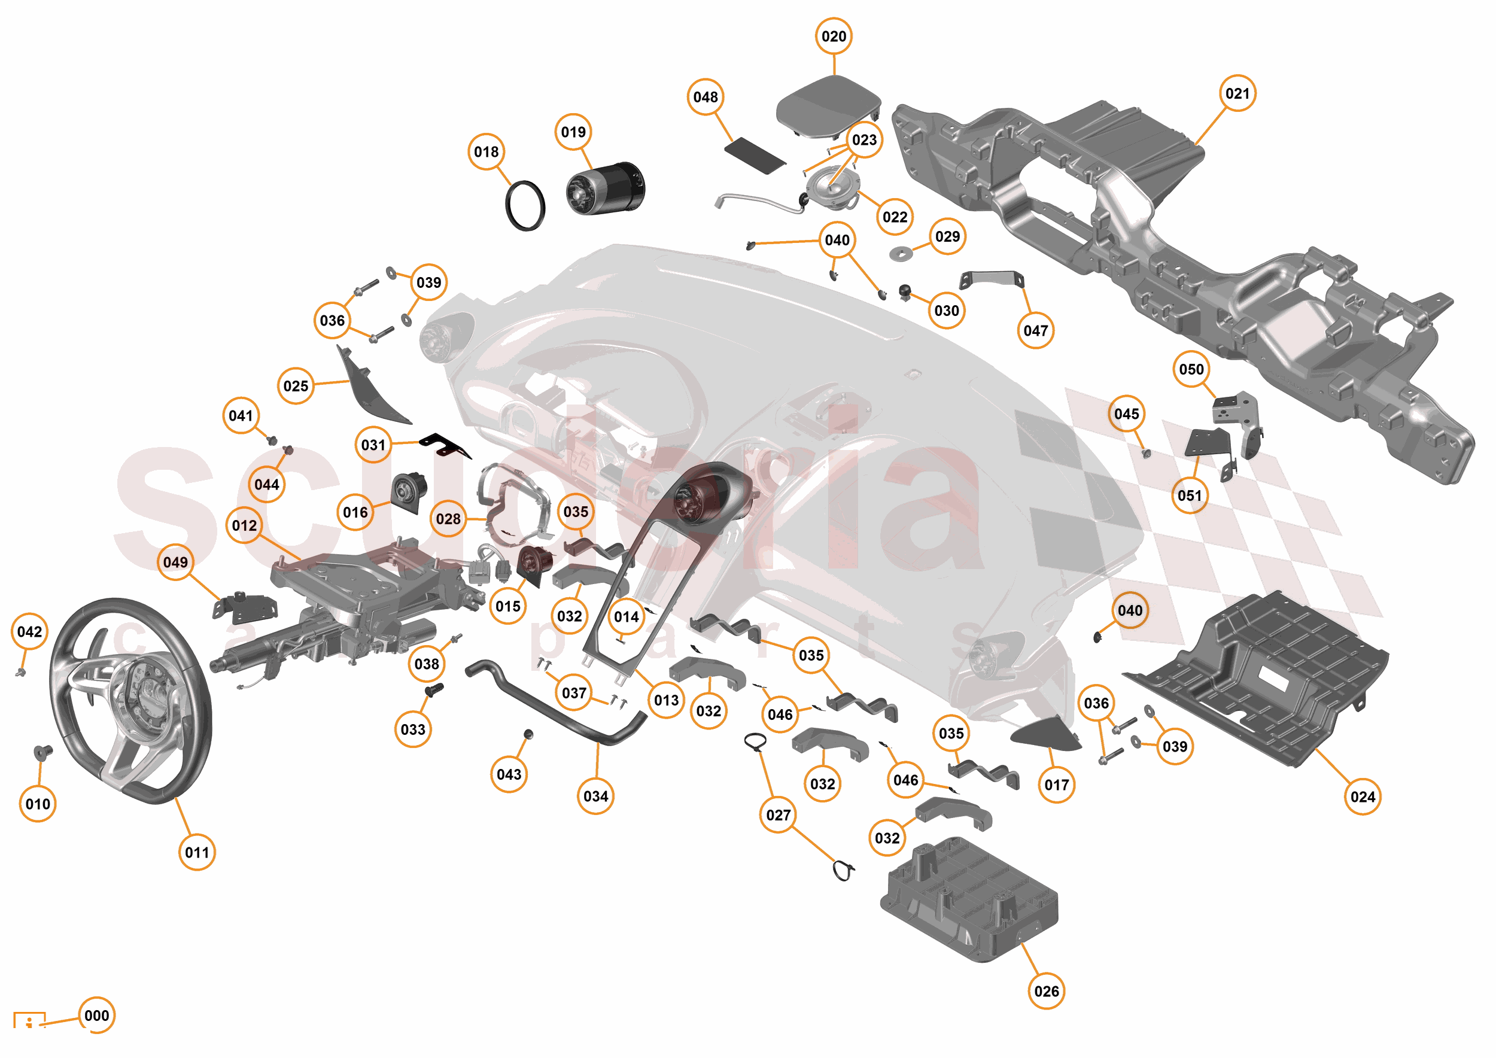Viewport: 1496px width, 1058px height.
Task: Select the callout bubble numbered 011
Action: [x=197, y=852]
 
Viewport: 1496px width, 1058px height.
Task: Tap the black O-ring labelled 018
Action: [x=525, y=205]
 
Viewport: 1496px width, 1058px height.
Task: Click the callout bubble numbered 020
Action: [x=834, y=37]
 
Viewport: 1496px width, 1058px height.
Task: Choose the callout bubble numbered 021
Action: [x=1237, y=94]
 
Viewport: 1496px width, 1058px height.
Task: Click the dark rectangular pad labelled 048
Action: [x=755, y=155]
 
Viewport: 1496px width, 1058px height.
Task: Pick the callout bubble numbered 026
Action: [x=1047, y=991]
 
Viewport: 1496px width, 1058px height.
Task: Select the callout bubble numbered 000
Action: [x=96, y=1015]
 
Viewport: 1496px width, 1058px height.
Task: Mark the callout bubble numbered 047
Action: [x=1035, y=331]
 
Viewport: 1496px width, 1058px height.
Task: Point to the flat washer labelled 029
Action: [x=901, y=253]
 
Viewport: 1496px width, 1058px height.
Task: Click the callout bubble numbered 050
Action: [x=1191, y=369]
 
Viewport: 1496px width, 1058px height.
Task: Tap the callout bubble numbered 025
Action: [x=296, y=385]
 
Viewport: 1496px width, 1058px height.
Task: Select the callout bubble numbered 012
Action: [x=244, y=525]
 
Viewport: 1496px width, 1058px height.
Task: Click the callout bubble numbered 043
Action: [x=509, y=774]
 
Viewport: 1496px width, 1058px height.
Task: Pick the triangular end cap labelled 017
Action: [x=1045, y=734]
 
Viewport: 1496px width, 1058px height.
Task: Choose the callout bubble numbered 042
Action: [x=29, y=631]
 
